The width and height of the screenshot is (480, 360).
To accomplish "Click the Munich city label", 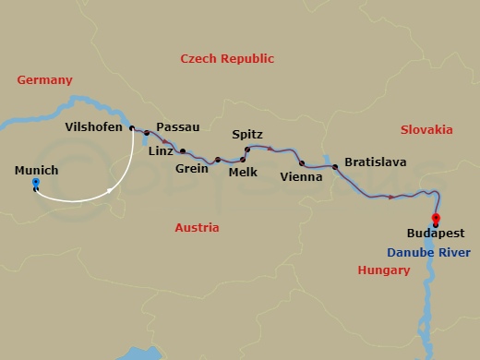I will [x=37, y=170].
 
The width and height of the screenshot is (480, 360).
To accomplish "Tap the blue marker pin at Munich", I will [x=35, y=185].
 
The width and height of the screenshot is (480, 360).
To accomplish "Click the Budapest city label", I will [x=435, y=234].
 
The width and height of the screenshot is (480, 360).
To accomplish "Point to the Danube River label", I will [x=427, y=252].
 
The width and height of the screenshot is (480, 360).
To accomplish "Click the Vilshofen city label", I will [x=94, y=127].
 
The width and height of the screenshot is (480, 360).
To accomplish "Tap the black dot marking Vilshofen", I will [x=132, y=128].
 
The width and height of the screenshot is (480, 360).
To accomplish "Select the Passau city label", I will [x=178, y=126].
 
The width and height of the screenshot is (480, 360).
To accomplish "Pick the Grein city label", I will [x=191, y=169].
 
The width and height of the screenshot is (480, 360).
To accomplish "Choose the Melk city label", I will [x=243, y=172].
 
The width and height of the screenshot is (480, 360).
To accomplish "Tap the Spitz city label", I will [x=247, y=135].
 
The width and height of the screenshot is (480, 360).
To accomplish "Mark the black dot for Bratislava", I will [x=334, y=167].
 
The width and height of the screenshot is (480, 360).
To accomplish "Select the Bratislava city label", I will [x=375, y=162].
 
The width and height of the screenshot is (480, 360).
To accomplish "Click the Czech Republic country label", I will [x=227, y=58].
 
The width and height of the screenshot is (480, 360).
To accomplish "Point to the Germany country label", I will [x=44, y=80].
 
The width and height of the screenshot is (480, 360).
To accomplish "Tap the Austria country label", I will [x=196, y=227].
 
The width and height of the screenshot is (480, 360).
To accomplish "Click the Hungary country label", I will [x=383, y=270].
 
